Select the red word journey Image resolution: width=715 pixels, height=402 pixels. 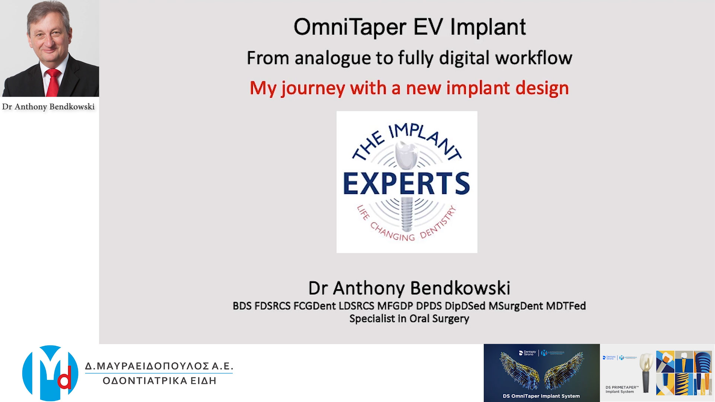[313, 89]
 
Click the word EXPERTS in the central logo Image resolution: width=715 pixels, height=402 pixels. [406, 184]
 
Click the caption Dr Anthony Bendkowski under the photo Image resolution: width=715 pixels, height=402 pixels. [48, 107]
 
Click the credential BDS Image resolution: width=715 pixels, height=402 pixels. [242, 306]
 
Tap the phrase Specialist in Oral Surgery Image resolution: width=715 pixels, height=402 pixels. [409, 319]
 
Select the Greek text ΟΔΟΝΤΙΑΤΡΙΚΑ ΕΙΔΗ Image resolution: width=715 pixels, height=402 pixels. [159, 381]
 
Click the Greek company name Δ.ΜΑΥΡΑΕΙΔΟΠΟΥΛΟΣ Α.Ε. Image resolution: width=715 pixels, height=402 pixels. [159, 366]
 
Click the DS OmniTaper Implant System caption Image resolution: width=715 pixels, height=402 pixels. [541, 396]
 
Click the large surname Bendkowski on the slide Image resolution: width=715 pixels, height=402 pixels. [460, 288]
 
